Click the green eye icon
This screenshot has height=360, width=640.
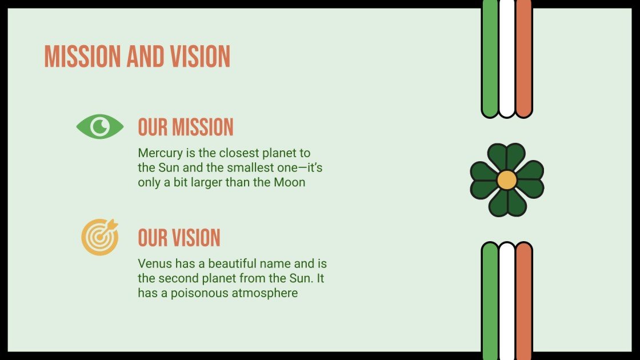[x=100, y=126]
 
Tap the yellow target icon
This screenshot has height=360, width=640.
[x=99, y=237]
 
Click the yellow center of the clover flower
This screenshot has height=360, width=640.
[x=506, y=180]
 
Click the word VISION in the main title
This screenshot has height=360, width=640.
[x=200, y=57]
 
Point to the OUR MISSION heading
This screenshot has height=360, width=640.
[x=186, y=127]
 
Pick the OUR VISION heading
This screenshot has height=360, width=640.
[x=179, y=238]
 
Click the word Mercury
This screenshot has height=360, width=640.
[x=159, y=153]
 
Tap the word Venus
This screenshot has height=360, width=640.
[x=153, y=264]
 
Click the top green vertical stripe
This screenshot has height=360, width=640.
[x=490, y=57]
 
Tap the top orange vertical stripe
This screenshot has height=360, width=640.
[x=523, y=57]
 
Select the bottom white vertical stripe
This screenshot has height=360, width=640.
[x=507, y=300]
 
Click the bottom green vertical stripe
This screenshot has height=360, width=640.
[x=490, y=300]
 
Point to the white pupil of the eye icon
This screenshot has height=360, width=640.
[x=101, y=126]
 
